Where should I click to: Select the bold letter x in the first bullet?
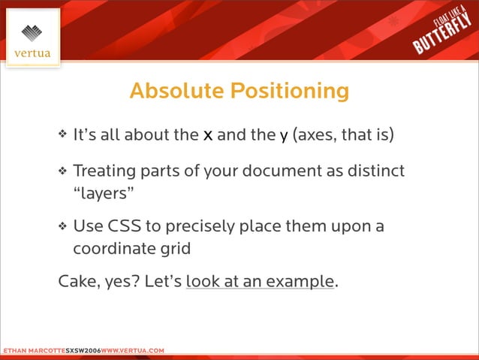pyautogui.click(x=207, y=135)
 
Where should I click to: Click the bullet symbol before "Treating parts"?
pyautogui.click(x=63, y=171)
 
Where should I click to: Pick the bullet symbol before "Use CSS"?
pyautogui.click(x=63, y=226)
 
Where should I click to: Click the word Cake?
pyautogui.click(x=77, y=282)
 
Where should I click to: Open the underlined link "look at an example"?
pyautogui.click(x=260, y=282)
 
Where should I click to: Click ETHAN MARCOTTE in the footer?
pyautogui.click(x=32, y=351)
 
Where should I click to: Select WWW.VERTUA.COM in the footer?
pyautogui.click(x=132, y=351)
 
